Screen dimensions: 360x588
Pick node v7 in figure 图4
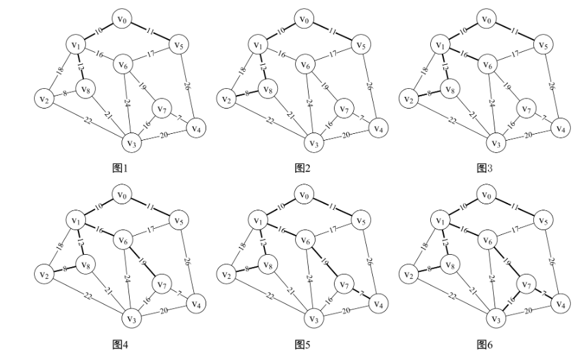click(x=162, y=283)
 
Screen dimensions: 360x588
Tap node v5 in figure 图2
click(x=359, y=45)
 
